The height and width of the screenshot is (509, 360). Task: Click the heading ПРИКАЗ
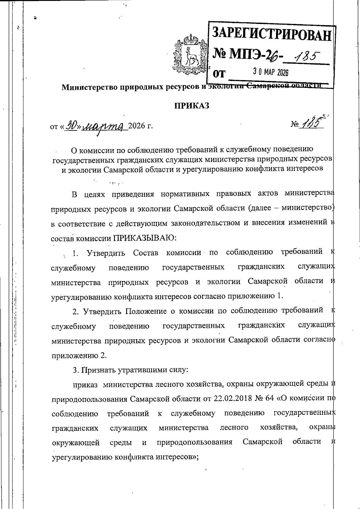click(x=192, y=106)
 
